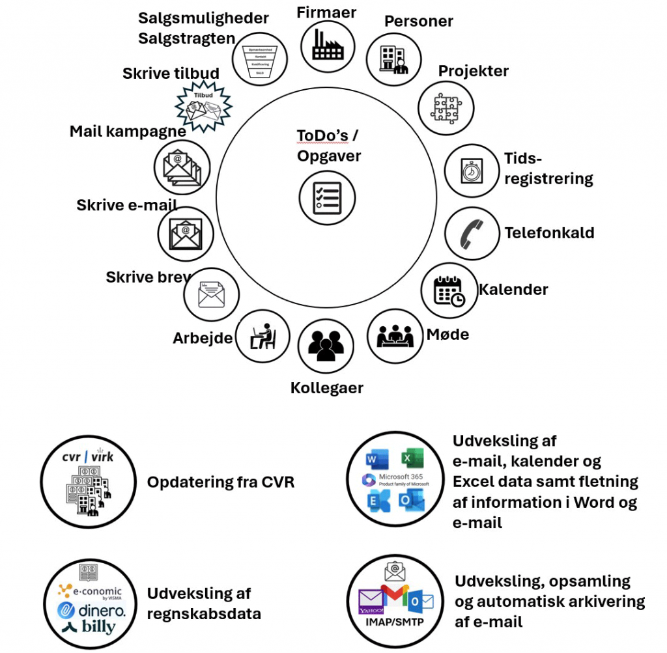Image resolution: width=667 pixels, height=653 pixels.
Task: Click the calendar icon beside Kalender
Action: click(449, 290)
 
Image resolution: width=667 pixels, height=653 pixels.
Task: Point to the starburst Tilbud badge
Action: click(205, 106)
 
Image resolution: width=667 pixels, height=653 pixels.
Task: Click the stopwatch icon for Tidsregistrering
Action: click(472, 170)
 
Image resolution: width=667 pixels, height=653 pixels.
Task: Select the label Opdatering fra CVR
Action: click(221, 482)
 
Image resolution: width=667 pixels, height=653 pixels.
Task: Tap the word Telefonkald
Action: click(549, 232)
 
